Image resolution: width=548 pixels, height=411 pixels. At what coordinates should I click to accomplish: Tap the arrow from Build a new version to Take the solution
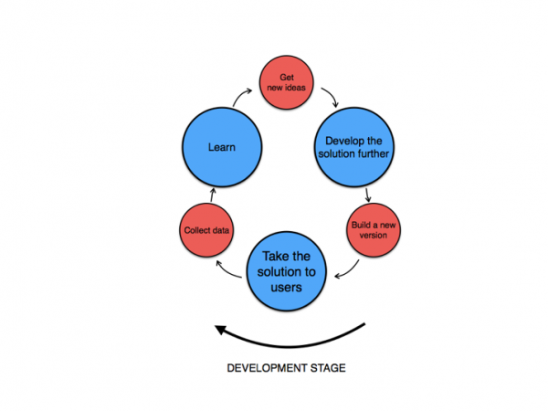click(347, 268)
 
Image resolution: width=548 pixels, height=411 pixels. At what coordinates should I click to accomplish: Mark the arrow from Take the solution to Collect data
click(225, 266)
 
